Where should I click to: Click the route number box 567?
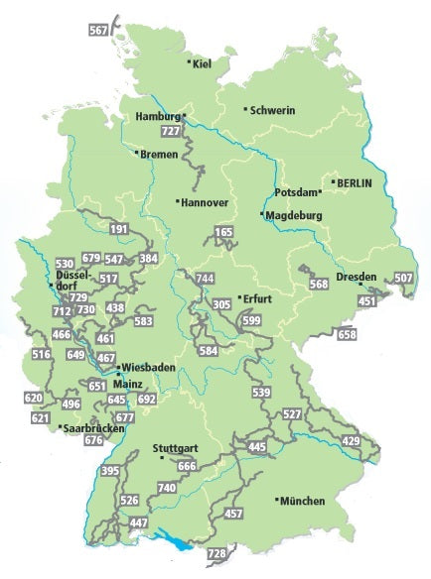point(97,31)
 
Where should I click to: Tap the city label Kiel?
point(203,64)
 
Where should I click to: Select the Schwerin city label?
point(272,110)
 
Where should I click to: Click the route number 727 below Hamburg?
point(171,131)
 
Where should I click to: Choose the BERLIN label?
point(358,183)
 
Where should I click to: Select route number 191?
point(120,229)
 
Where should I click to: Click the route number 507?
point(404,278)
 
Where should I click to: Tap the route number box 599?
point(251,320)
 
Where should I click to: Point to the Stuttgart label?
point(176,449)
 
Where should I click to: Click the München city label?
point(302,502)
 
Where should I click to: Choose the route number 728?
point(217,552)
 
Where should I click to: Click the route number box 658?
point(347,335)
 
